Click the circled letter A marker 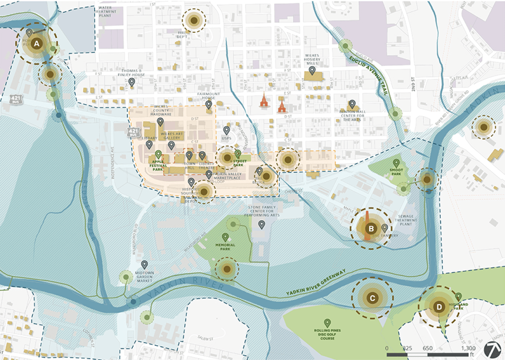(37, 43)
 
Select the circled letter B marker (371, 229)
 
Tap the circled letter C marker (372, 298)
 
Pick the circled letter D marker (439, 307)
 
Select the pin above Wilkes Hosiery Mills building (312, 70)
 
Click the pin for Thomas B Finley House (132, 82)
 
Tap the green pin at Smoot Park (396, 163)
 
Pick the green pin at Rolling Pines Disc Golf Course (327, 323)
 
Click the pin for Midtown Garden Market (144, 264)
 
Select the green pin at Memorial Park (225, 237)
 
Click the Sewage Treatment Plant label (406, 220)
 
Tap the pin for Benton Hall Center (352, 104)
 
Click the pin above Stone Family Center (261, 224)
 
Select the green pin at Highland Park (458, 296)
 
